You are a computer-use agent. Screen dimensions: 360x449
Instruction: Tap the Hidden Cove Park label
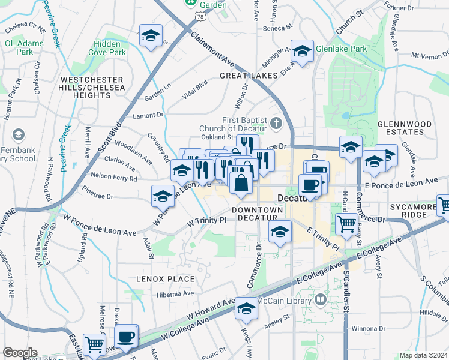click(110, 49)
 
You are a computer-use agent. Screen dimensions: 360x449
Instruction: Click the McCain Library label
click(284, 300)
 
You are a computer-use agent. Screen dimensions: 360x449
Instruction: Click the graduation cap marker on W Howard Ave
click(246, 308)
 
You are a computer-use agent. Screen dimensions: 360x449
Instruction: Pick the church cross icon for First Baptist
click(276, 124)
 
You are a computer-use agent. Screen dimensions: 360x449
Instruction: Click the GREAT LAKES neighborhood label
click(249, 76)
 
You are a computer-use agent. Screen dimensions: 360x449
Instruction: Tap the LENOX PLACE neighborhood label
click(165, 279)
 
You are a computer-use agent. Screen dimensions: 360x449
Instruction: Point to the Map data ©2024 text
click(424, 355)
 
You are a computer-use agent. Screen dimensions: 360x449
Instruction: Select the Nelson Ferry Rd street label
click(114, 178)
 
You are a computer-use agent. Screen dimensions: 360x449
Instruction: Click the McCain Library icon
click(321, 299)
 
